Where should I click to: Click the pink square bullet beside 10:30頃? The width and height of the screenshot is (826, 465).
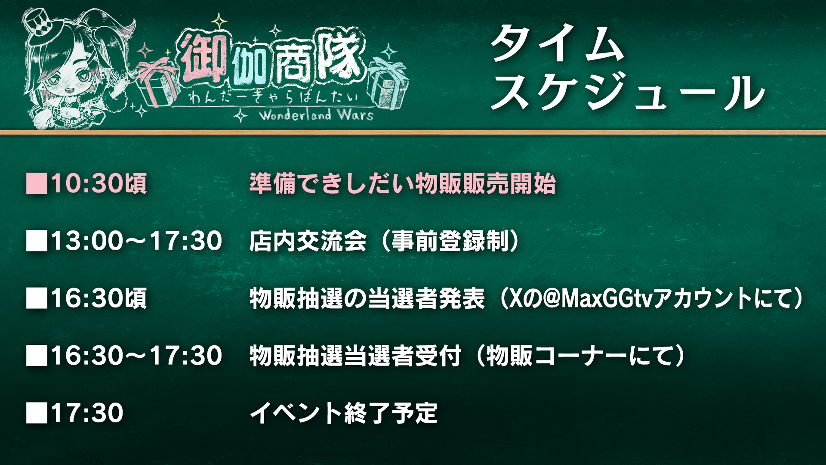(x=37, y=183)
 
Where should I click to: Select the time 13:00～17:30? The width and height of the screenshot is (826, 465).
(x=137, y=241)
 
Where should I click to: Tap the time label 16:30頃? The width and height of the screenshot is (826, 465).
(x=99, y=298)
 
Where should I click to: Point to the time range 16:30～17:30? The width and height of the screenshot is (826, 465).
(x=137, y=356)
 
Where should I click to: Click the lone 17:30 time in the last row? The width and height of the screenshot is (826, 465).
(x=87, y=413)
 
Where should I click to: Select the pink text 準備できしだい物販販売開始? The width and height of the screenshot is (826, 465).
(x=403, y=183)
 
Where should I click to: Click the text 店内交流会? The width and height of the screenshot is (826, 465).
(x=308, y=241)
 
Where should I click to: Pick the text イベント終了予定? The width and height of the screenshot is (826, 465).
(x=344, y=413)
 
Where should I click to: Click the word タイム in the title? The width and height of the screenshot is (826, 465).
(x=558, y=43)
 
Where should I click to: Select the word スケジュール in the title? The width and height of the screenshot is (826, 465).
(x=628, y=91)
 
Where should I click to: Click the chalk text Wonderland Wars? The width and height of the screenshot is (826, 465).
(x=316, y=115)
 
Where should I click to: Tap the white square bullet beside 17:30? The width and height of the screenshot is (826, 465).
(x=37, y=413)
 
